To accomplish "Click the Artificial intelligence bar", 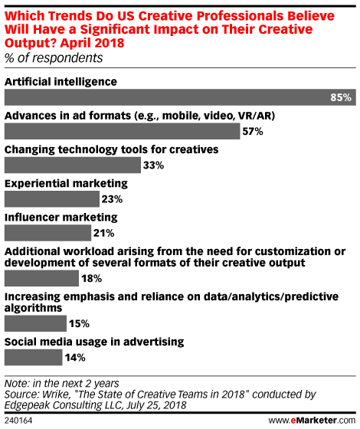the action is pos(180,97).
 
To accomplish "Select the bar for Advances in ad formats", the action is pos(123,131).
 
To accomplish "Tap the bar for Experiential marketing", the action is pos(52,199).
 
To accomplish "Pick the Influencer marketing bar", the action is pos(47,233).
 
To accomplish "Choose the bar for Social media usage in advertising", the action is pos(34,357).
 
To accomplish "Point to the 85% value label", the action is pos(341,97).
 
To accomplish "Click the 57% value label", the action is pos(253,131).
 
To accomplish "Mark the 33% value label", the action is pos(153,165).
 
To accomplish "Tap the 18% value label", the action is pos(91,279).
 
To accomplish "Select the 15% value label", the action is pos(79,323).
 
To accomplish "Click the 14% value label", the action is pos(75,357).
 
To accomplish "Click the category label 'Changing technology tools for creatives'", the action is pos(112,150).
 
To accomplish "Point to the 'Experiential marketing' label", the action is pos(66,184).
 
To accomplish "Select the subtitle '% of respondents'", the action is pos(54,58).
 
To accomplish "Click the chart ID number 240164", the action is pos(18,421).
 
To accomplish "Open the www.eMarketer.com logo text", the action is pos(312,420).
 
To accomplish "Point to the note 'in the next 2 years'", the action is pos(76,383).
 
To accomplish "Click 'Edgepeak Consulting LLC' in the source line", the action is pos(63,405).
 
